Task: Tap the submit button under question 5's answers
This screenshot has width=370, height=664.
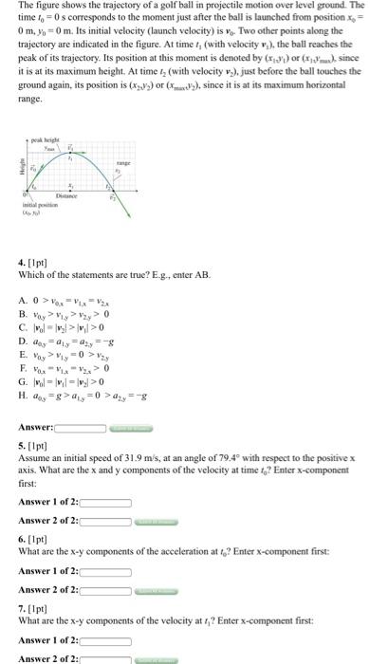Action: [x=157, y=521]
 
